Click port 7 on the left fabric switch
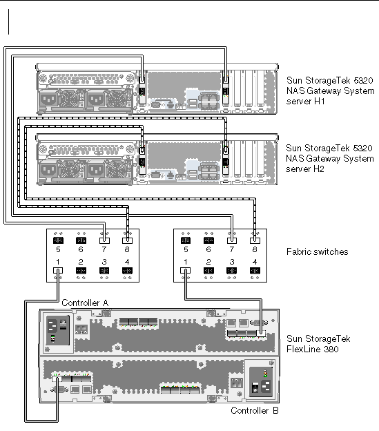pyautogui.click(x=104, y=240)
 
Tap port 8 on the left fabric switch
pyautogui.click(x=127, y=240)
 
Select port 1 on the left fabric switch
pyautogui.click(x=58, y=271)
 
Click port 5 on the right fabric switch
pyautogui.click(x=186, y=240)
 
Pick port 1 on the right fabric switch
pyautogui.click(x=186, y=271)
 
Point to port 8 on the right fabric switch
pyautogui.click(x=255, y=240)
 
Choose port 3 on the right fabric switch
pyautogui.click(x=231, y=271)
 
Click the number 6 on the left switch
pyautogui.click(x=81, y=249)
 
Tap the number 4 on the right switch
pyautogui.click(x=255, y=262)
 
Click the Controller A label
pyautogui.click(x=85, y=303)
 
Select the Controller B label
pyautogui.click(x=255, y=411)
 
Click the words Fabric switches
pyautogui.click(x=317, y=252)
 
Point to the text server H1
pyautogui.click(x=305, y=102)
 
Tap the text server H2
pyautogui.click(x=305, y=169)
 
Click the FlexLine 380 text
pyautogui.click(x=312, y=349)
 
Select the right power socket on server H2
pyautogui.click(x=95, y=171)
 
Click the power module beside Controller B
pyautogui.click(x=261, y=383)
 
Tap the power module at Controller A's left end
pyautogui.click(x=58, y=330)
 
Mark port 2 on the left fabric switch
pyautogui.click(x=81, y=271)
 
